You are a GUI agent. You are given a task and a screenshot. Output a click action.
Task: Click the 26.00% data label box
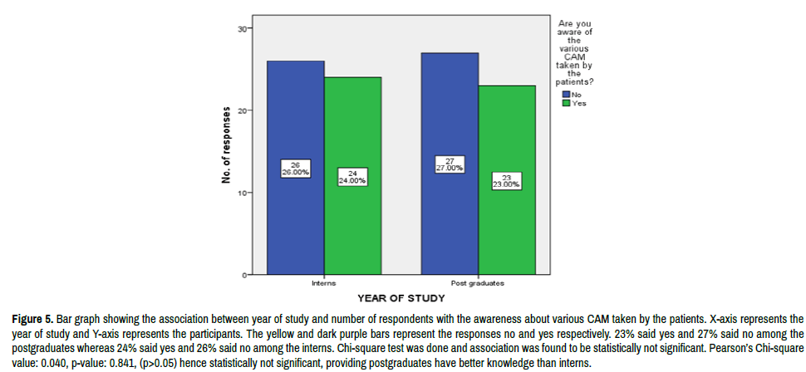click(296, 168)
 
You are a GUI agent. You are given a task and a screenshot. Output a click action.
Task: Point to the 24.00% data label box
click(352, 176)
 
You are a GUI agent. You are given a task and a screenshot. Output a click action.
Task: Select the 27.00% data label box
click(450, 164)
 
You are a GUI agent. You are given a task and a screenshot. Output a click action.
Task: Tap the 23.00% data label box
click(506, 180)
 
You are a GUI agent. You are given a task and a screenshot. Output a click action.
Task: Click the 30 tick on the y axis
click(243, 29)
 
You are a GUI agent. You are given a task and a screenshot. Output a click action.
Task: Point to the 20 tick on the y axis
click(243, 110)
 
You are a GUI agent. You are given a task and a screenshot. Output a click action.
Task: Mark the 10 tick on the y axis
click(243, 193)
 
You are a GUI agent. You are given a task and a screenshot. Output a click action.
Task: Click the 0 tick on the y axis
click(245, 275)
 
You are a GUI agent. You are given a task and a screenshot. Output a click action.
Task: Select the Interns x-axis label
click(324, 282)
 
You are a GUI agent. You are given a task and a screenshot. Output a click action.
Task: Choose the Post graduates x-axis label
click(478, 282)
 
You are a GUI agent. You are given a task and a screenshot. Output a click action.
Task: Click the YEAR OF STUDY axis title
click(401, 296)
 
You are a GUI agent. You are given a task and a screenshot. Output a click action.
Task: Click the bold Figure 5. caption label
click(32, 319)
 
